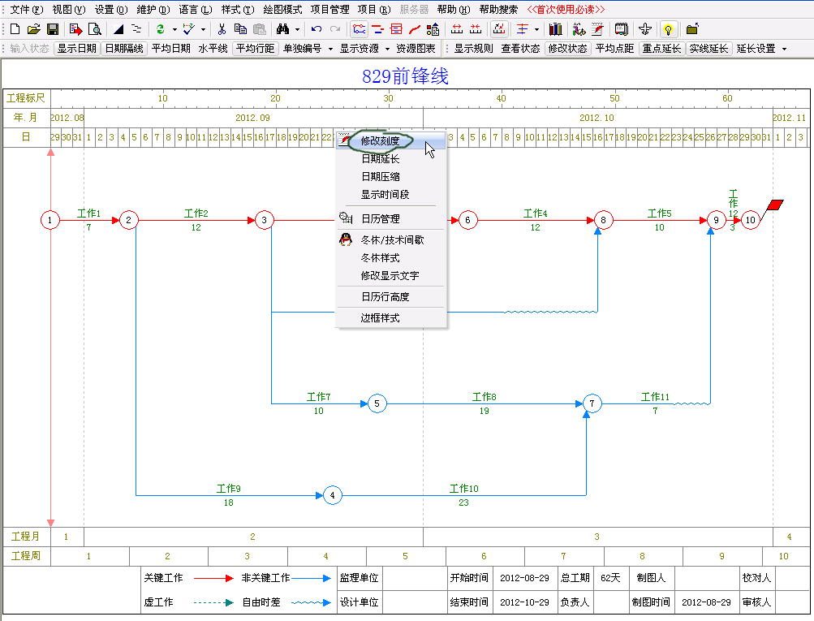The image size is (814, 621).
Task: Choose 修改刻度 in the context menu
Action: click(x=380, y=140)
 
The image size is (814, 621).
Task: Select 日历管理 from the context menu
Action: click(x=380, y=218)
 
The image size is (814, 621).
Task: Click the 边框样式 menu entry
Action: click(x=380, y=317)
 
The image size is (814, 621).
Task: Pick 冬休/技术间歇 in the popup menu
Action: click(x=392, y=240)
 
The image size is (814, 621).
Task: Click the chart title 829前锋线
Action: click(x=405, y=76)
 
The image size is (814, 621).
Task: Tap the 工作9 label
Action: click(x=228, y=489)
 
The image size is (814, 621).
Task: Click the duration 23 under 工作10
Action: click(x=463, y=502)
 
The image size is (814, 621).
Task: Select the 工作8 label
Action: click(x=484, y=397)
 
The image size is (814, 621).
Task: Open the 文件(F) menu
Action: click(x=27, y=10)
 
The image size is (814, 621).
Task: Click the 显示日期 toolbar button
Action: click(x=77, y=48)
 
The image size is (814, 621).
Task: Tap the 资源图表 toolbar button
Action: click(x=416, y=48)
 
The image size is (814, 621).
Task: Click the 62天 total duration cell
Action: click(x=610, y=578)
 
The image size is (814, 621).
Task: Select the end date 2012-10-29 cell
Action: click(x=524, y=602)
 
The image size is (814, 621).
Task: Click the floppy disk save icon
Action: click(x=53, y=29)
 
